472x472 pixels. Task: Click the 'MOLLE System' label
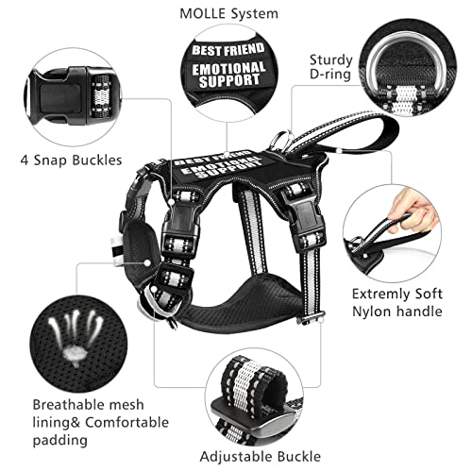(229, 14)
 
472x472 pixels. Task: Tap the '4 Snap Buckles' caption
(71, 160)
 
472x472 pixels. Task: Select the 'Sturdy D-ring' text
(330, 67)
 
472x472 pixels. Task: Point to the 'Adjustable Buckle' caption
(261, 457)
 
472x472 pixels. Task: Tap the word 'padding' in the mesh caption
(60, 441)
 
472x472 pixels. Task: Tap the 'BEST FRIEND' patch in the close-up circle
(228, 50)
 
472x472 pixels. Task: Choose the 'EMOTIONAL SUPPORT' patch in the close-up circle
(228, 75)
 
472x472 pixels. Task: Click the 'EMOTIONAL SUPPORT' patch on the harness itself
(222, 167)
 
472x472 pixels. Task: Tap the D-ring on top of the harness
(282, 140)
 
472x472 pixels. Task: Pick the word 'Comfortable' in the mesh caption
(127, 423)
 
